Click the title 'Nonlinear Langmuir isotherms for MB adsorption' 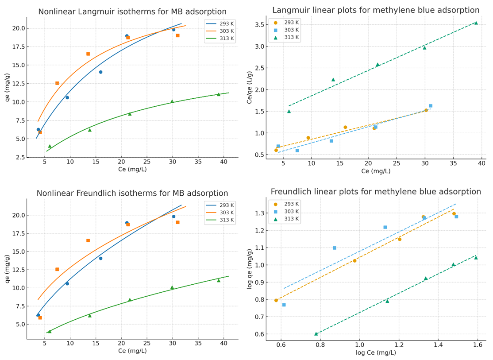pyautogui.click(x=132, y=12)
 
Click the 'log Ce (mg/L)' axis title pyautogui.click(x=376, y=353)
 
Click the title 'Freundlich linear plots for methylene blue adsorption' pyautogui.click(x=376, y=192)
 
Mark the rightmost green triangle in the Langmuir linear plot pyautogui.click(x=476, y=23)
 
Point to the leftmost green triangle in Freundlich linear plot pyautogui.click(x=316, y=334)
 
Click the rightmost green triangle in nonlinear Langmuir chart pyautogui.click(x=219, y=94)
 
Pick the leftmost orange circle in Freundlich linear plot pyautogui.click(x=276, y=301)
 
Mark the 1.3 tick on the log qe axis pyautogui.click(x=260, y=213)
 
